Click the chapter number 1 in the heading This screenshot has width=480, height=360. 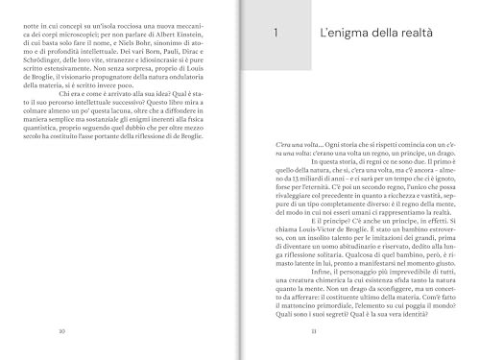(276, 35)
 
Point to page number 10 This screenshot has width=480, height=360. (60, 331)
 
